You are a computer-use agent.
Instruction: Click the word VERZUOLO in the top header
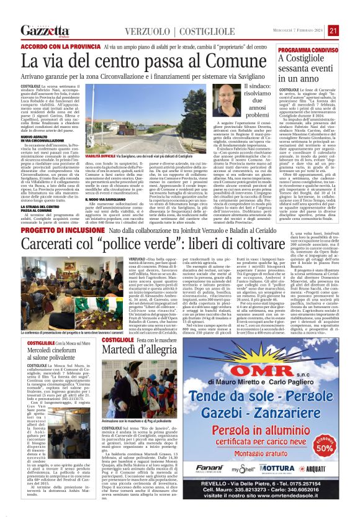pyautogui.click(x=148, y=32)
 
